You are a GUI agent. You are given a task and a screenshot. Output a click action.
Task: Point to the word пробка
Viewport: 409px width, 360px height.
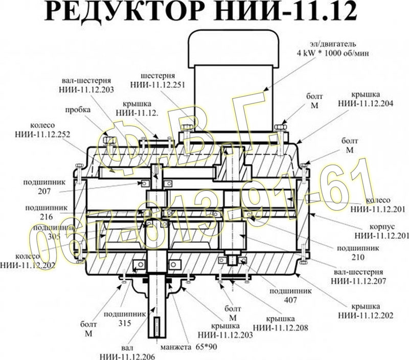pos(75,110)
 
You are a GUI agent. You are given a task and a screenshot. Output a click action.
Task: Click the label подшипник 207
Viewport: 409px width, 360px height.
pos(31,186)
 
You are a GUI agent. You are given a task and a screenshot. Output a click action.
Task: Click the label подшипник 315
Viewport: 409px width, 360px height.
pos(117,318)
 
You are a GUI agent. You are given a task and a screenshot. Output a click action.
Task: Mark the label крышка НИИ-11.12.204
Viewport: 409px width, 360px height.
pos(365,99)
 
